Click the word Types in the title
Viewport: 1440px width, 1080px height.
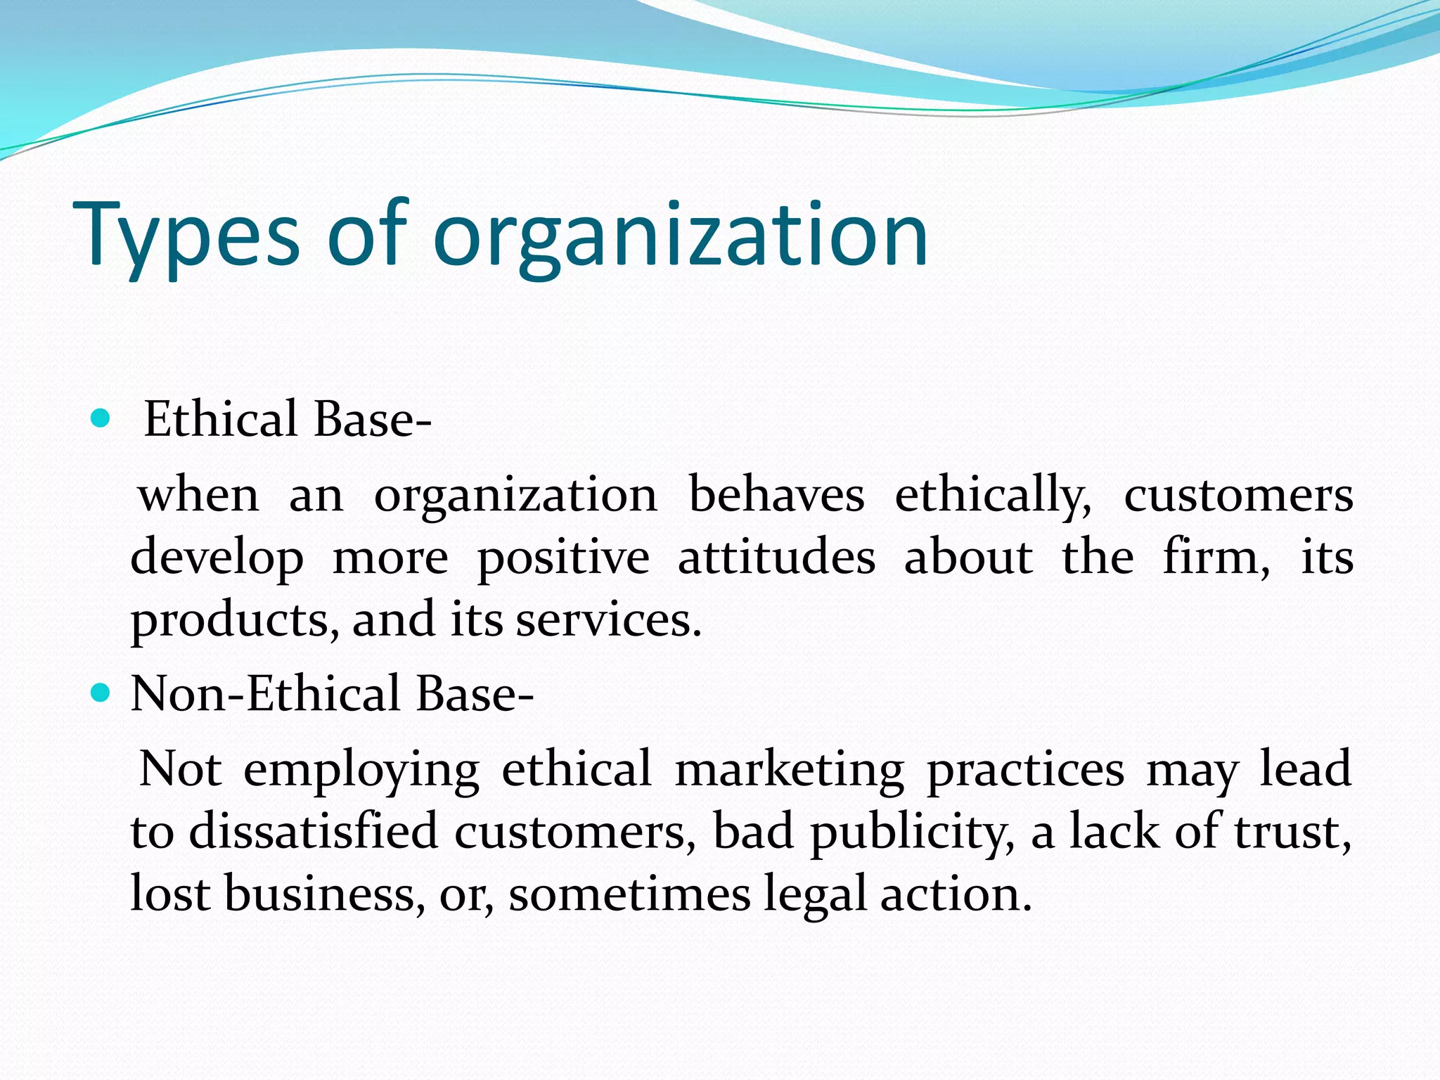tap(186, 235)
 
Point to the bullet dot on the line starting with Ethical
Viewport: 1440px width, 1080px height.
tap(101, 419)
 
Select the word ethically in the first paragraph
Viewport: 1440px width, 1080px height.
tap(993, 496)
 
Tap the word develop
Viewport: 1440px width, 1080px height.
tap(217, 558)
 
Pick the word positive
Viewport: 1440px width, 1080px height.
tap(563, 558)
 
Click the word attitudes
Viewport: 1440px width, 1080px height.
tap(777, 557)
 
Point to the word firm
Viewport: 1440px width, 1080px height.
tap(1215, 557)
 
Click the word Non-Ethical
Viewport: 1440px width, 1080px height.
tap(265, 693)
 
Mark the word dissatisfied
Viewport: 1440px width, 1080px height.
tap(314, 832)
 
